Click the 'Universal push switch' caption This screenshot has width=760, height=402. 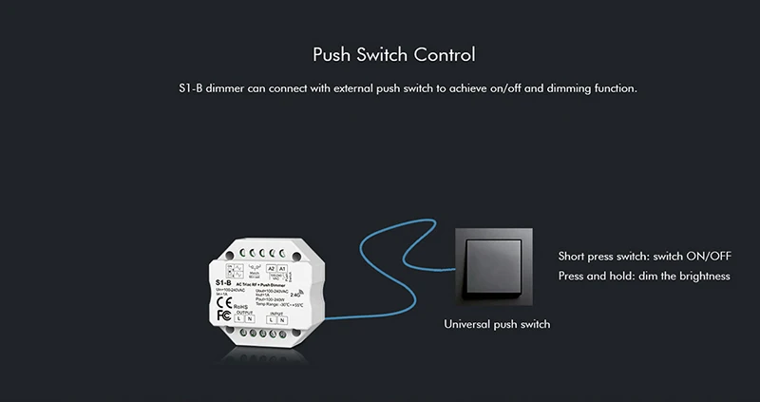click(497, 325)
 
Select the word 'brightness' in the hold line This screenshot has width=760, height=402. click(698, 277)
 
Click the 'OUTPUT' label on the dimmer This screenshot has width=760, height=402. click(245, 311)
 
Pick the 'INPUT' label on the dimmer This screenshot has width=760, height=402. click(275, 310)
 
